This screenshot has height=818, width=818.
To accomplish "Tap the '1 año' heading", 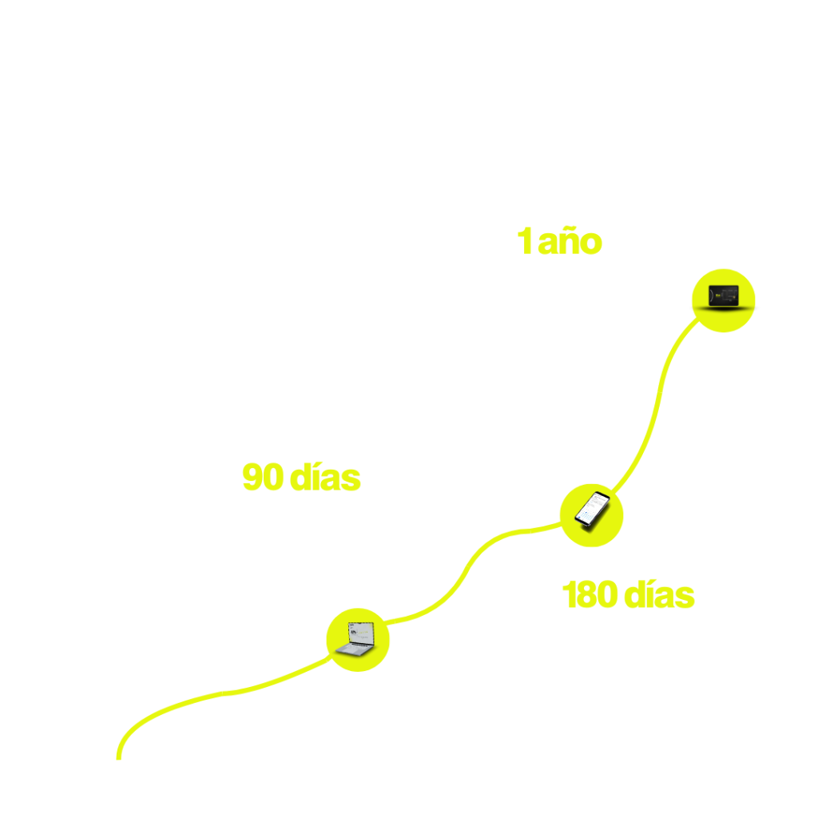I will [x=558, y=241].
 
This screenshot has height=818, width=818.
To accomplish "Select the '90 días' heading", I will [x=301, y=478].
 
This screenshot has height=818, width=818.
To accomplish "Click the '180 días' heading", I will [x=628, y=595].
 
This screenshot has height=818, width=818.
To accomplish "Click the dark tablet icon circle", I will [x=723, y=300].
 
